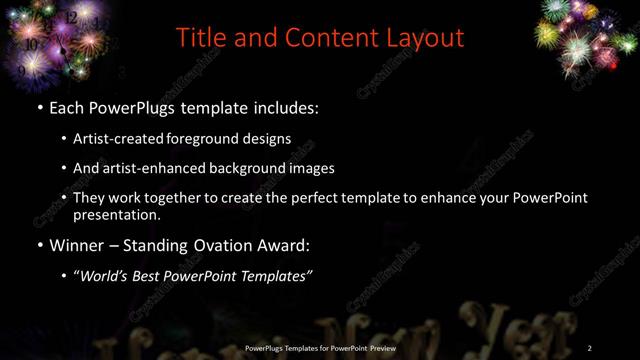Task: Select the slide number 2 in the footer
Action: [x=590, y=347]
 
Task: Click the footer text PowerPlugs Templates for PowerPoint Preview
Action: [x=321, y=347]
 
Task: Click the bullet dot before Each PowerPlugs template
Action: [x=39, y=107]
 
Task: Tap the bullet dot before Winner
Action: [x=39, y=243]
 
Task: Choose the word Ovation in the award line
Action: [x=217, y=243]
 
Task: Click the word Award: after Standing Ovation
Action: [x=281, y=243]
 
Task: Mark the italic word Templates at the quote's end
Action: [x=279, y=274]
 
